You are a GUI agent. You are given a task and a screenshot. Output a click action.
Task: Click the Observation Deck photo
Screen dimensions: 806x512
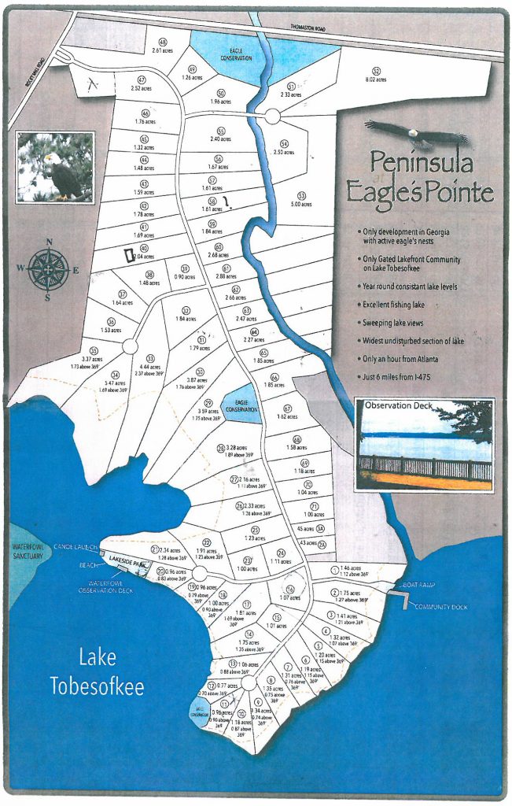click(x=425, y=445)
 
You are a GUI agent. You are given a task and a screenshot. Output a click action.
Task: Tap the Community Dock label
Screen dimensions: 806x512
click(x=436, y=607)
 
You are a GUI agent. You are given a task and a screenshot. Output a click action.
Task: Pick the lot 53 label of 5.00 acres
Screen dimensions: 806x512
click(x=300, y=199)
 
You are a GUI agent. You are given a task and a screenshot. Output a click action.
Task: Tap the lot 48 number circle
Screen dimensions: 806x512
click(x=163, y=42)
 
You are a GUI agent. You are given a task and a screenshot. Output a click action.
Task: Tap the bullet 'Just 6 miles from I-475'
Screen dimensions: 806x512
click(x=402, y=379)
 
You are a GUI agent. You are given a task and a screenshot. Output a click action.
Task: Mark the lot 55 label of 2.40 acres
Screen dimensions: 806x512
click(x=221, y=135)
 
